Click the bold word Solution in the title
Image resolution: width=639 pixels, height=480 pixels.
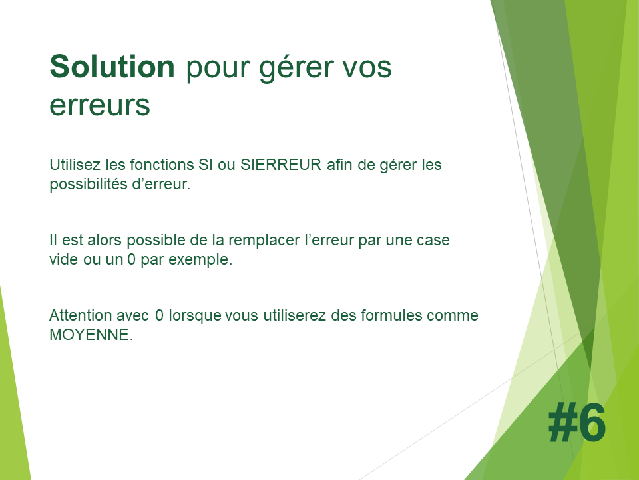[112, 67]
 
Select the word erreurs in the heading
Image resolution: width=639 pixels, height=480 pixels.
[100, 106]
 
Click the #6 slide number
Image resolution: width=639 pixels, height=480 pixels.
[577, 422]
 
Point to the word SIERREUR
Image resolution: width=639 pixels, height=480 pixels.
[281, 165]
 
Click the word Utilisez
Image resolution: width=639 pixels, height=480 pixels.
[75, 165]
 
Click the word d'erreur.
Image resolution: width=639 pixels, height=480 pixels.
[161, 184]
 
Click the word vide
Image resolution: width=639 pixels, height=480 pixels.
[64, 259]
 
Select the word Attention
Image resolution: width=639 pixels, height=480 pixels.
[81, 315]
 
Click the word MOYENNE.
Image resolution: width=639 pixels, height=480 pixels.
[91, 335]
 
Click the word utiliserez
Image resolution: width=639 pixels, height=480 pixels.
[294, 315]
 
